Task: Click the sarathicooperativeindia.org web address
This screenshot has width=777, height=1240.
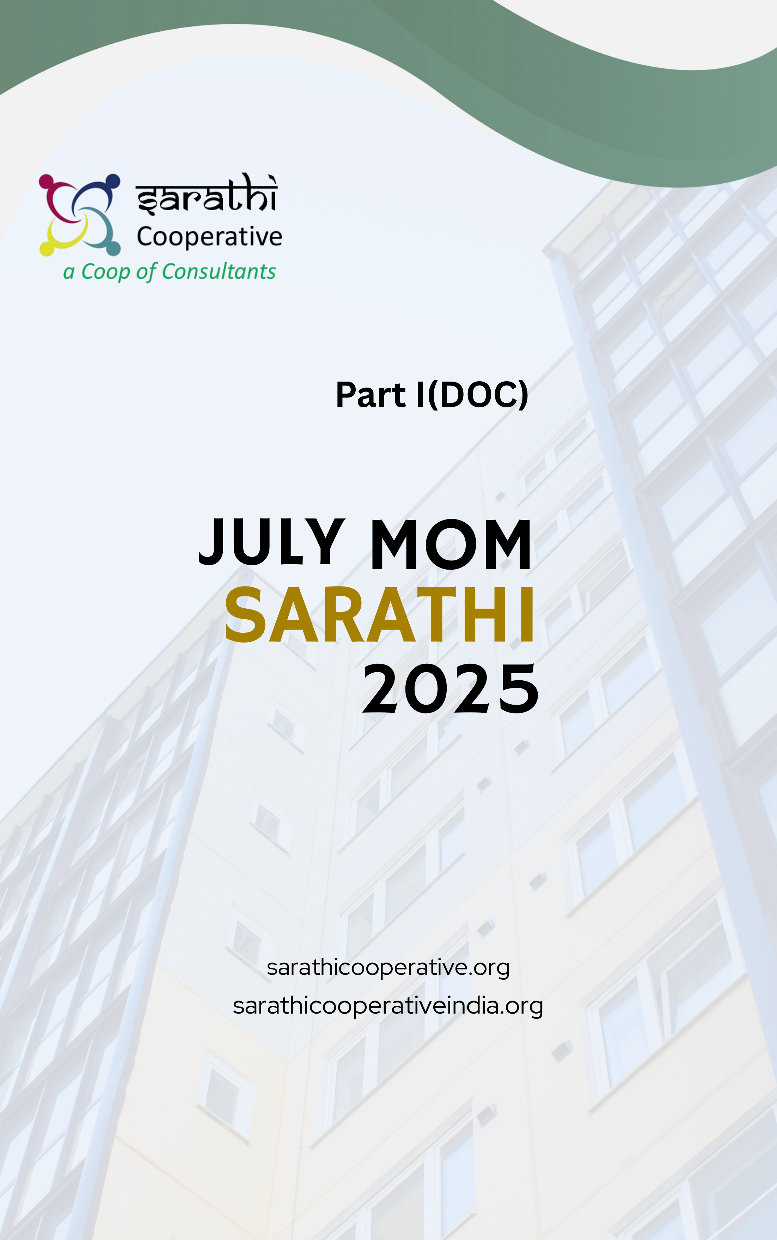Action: (x=388, y=1006)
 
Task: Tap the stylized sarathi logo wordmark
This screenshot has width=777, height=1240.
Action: (x=207, y=194)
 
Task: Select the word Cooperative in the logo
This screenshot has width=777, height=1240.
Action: (x=209, y=237)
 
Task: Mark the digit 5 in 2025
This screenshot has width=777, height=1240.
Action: (x=519, y=689)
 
